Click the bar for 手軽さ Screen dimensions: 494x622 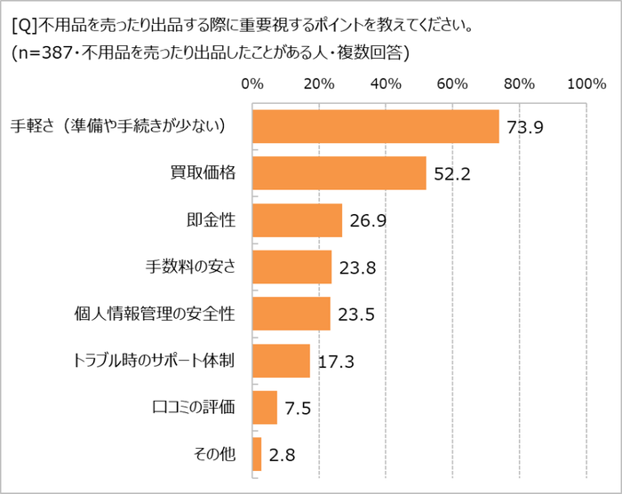(x=375, y=126)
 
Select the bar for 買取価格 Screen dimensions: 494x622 (x=339, y=173)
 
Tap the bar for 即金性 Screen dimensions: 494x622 (x=297, y=220)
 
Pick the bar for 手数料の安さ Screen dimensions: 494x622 (x=291, y=267)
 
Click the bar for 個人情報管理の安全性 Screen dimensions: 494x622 (x=291, y=314)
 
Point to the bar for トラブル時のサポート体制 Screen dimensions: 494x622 (x=281, y=361)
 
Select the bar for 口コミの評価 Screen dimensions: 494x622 (x=265, y=408)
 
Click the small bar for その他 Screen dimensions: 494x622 (x=257, y=454)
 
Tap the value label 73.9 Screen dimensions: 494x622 (x=524, y=127)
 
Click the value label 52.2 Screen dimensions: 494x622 (x=451, y=174)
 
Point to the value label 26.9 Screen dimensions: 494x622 (x=367, y=220)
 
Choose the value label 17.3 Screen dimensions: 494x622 (x=335, y=362)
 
